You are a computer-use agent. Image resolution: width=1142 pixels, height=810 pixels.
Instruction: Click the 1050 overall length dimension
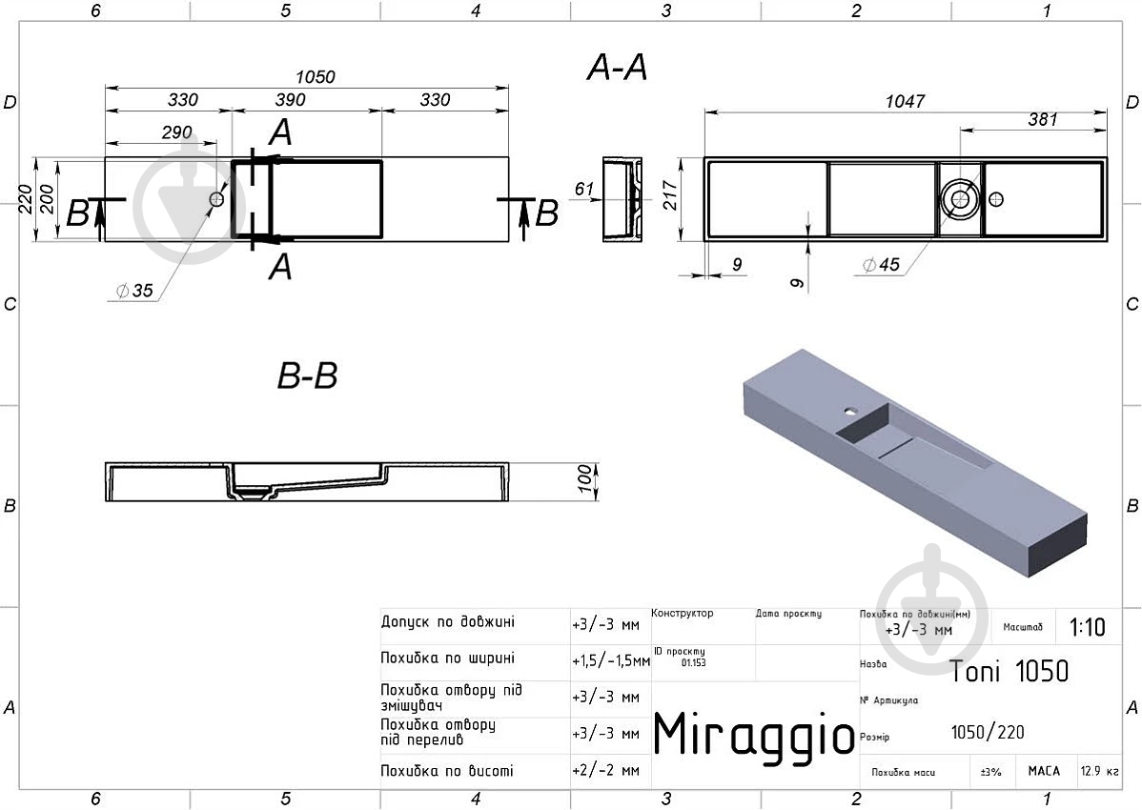click(x=315, y=76)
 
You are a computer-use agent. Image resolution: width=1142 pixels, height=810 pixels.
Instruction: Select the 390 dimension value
click(x=290, y=100)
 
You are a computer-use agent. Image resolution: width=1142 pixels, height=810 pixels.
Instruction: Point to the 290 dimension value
click(x=177, y=132)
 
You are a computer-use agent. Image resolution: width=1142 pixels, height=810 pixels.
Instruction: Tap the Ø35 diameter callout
click(x=134, y=291)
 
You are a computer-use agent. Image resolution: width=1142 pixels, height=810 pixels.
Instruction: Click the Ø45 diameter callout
click(x=881, y=265)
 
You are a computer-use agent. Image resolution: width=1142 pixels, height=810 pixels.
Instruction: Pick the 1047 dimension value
click(x=905, y=101)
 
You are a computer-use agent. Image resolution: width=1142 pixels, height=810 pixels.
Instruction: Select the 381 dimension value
click(x=1042, y=119)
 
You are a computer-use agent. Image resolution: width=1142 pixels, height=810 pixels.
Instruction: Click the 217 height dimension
click(x=670, y=195)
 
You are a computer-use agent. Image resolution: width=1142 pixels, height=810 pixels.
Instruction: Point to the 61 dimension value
click(x=584, y=190)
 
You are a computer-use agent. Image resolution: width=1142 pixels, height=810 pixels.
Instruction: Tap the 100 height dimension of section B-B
click(x=585, y=479)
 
